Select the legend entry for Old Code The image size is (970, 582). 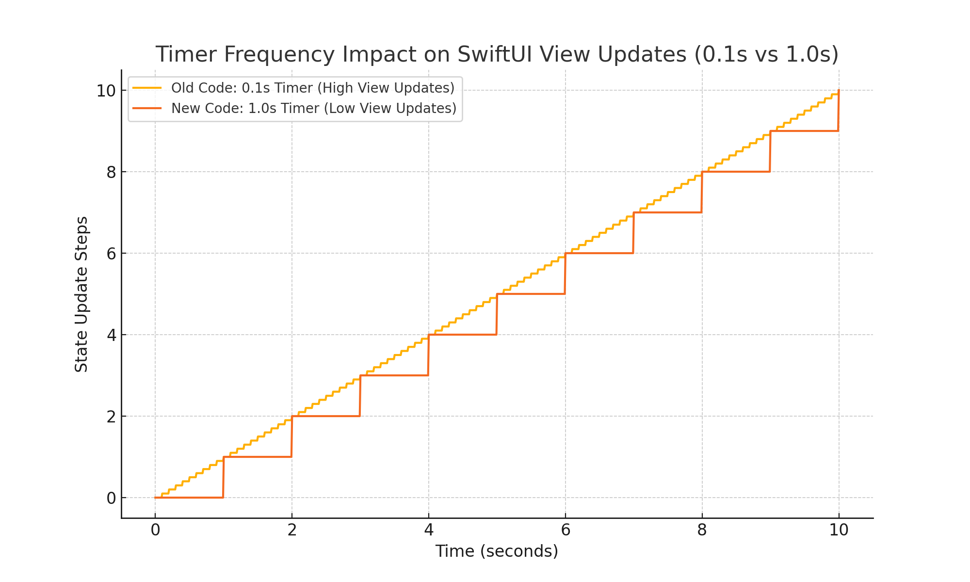click(313, 88)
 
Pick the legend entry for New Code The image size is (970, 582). click(314, 108)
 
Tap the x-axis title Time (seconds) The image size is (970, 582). click(497, 551)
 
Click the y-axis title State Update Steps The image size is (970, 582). click(81, 294)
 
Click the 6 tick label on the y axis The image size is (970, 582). click(110, 254)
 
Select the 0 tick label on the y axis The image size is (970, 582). click(110, 498)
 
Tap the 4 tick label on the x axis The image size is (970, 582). click(429, 530)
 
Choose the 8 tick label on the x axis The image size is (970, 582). click(702, 530)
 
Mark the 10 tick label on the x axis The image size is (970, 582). click(839, 530)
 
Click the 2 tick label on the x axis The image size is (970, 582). click(292, 530)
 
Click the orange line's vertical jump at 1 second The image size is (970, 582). click(223, 477)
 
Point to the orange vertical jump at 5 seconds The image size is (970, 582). click(497, 314)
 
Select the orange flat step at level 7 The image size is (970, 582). click(667, 212)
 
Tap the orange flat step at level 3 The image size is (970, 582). click(394, 375)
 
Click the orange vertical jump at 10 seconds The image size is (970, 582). click(839, 111)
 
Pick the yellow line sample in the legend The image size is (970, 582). click(147, 88)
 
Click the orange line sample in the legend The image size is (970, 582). click(147, 108)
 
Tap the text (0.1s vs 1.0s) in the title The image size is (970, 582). click(766, 54)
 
